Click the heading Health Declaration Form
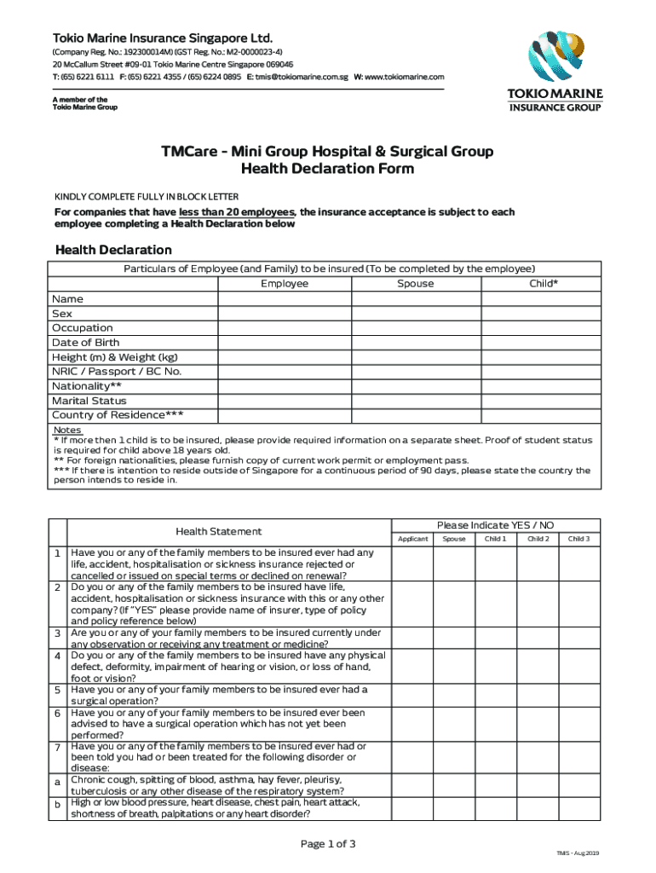pos(327,169)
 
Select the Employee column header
pos(285,284)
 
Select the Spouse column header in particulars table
pos(416,284)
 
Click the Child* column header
pos(543,284)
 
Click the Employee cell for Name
pos(285,299)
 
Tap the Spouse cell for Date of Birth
pos(416,343)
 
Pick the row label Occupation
pos(83,328)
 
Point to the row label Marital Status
pos(89,401)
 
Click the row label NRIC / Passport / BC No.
pos(117,372)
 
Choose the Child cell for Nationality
pos(543,386)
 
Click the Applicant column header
pos(412,539)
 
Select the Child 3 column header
pos(578,539)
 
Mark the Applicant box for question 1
pos(412,563)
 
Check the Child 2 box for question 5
pos(537,695)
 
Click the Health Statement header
pos(219,531)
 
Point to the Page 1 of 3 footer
pos(328,844)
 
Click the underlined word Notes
pos(66,430)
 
